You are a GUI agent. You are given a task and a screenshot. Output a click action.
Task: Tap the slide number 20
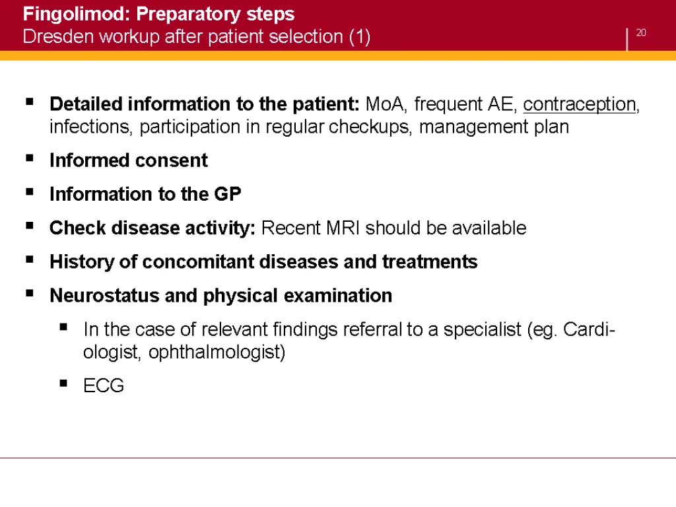(640, 33)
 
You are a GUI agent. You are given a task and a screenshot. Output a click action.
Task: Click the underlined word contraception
(580, 105)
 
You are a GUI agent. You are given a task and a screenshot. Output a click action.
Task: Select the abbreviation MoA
(385, 104)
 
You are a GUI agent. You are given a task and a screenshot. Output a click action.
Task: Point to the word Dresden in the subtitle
(58, 37)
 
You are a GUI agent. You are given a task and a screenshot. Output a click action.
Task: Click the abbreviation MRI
(343, 228)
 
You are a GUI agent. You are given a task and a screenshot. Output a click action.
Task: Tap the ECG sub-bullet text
(104, 386)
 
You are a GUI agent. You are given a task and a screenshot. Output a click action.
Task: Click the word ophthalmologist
(217, 353)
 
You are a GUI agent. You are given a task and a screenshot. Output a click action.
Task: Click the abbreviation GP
(228, 194)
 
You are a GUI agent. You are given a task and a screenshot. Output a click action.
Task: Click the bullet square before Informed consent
(30, 158)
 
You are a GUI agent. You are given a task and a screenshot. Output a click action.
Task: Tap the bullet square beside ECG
(63, 383)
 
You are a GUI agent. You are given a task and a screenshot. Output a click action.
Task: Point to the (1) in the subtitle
(360, 37)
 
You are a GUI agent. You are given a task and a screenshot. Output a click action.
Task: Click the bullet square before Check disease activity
(30, 226)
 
